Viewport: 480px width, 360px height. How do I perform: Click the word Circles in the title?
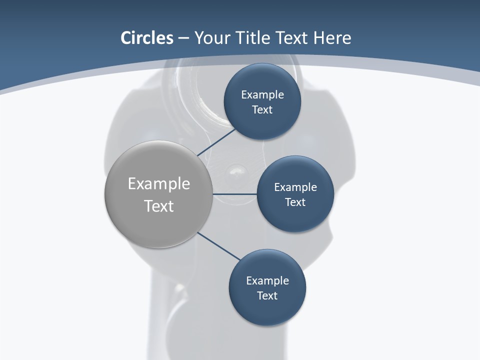146,38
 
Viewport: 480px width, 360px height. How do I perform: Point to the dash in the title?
183,38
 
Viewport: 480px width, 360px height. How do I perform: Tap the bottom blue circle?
267,310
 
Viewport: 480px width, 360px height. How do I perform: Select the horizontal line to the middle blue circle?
234,194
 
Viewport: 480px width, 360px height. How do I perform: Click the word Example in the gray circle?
159,184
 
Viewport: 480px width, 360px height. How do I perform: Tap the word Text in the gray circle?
159,206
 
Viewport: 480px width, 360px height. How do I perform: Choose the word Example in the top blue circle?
262,95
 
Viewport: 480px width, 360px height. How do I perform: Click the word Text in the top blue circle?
262,110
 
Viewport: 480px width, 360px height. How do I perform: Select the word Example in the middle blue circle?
295,187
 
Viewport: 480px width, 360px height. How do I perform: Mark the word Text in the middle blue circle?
295,202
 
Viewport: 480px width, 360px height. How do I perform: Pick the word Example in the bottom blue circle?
267,281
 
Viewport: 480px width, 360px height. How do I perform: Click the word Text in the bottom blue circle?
267,296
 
